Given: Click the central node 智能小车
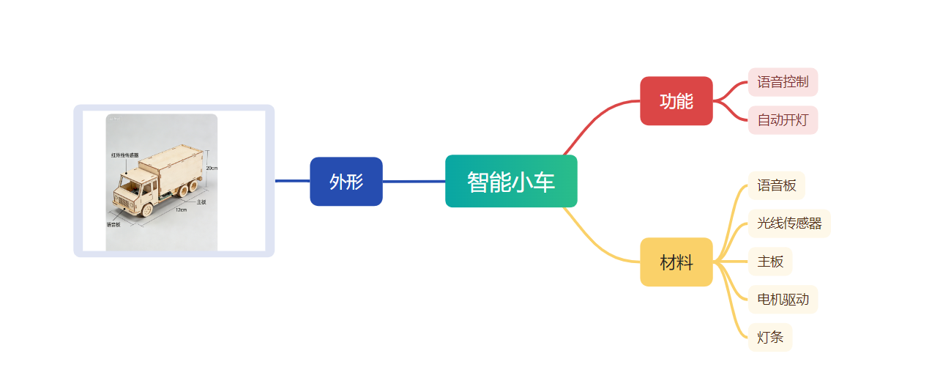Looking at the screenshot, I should [x=511, y=182].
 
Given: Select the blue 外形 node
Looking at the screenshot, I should [x=346, y=182].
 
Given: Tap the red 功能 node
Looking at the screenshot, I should [x=676, y=101].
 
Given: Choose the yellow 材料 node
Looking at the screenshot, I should [x=676, y=262].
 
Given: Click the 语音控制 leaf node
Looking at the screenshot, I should [x=783, y=82].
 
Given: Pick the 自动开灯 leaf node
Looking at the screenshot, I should [x=783, y=120].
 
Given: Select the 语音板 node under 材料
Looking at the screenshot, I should [x=776, y=185].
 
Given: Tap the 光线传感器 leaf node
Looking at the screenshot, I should [x=789, y=223].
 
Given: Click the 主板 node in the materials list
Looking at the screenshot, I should [x=770, y=262].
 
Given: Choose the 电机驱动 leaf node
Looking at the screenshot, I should [x=783, y=300].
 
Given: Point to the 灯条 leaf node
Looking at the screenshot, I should [x=770, y=338].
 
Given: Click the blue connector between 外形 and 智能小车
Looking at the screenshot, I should [x=414, y=182].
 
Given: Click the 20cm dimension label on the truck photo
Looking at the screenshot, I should [x=211, y=168].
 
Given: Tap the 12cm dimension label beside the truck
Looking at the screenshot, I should [x=181, y=210].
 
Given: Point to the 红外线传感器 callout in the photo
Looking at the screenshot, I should [x=124, y=155].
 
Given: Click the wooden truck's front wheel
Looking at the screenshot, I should [x=146, y=210].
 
